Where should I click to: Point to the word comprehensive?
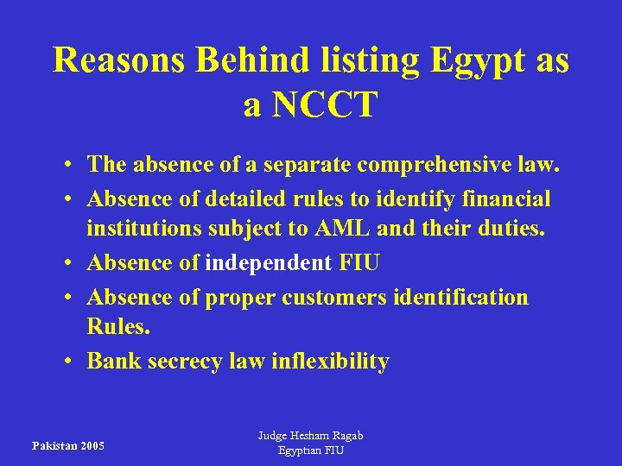point(428,164)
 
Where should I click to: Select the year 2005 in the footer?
point(90,446)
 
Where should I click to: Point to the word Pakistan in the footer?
point(52,446)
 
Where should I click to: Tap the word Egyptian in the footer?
point(300,450)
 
